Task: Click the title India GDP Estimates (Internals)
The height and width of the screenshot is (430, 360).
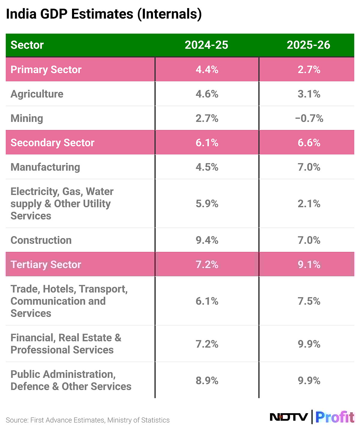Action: (x=103, y=14)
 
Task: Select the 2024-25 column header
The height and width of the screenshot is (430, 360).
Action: (x=206, y=45)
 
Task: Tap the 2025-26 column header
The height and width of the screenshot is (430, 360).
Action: (x=308, y=45)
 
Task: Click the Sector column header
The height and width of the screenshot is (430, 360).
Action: (x=27, y=45)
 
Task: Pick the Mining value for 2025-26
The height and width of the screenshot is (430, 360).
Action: (x=309, y=118)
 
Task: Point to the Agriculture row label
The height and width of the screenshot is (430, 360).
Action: (x=37, y=94)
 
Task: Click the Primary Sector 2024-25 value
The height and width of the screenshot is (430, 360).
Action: (x=207, y=70)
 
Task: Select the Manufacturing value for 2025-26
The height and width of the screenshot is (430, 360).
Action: (x=309, y=167)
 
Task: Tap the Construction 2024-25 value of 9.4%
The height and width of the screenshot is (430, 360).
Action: (x=207, y=240)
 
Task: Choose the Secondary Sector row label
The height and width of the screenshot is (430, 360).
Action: (x=52, y=143)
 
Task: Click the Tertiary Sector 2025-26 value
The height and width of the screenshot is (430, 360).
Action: (x=309, y=265)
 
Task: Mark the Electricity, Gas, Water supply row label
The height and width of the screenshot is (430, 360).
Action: (x=62, y=204)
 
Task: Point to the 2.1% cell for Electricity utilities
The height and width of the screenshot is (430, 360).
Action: (x=309, y=204)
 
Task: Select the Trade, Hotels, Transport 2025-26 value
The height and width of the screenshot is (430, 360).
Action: (x=309, y=301)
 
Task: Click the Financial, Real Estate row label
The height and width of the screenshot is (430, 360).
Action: (x=66, y=344)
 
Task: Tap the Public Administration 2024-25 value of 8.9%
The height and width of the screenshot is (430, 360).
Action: (x=207, y=381)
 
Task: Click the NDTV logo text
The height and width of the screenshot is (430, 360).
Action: (x=289, y=417)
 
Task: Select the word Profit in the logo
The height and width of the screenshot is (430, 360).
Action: (x=334, y=417)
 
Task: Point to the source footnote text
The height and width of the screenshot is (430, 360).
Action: (x=88, y=420)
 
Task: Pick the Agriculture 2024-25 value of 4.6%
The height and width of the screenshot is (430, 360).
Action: (x=207, y=94)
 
